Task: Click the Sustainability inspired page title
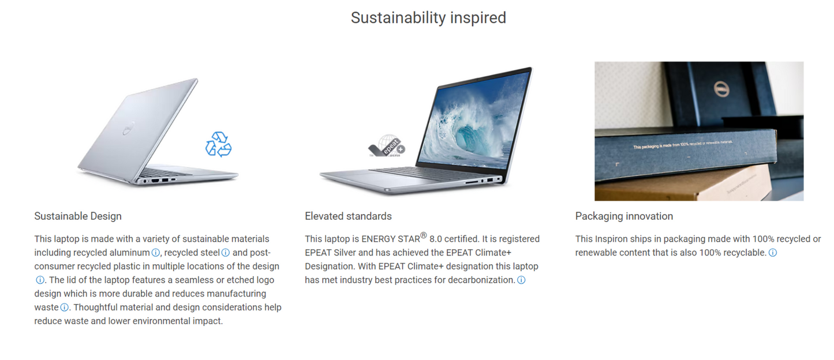click(428, 18)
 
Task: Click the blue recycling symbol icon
click(218, 144)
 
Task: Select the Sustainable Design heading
click(78, 216)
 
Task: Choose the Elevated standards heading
click(348, 216)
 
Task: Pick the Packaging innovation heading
click(624, 216)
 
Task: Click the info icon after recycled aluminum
click(155, 253)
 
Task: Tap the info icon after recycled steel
click(226, 253)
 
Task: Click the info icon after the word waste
click(65, 307)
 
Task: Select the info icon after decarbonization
click(521, 280)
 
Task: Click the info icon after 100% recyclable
click(773, 253)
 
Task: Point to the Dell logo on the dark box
click(720, 89)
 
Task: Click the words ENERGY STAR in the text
click(390, 239)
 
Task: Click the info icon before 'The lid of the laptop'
click(40, 280)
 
